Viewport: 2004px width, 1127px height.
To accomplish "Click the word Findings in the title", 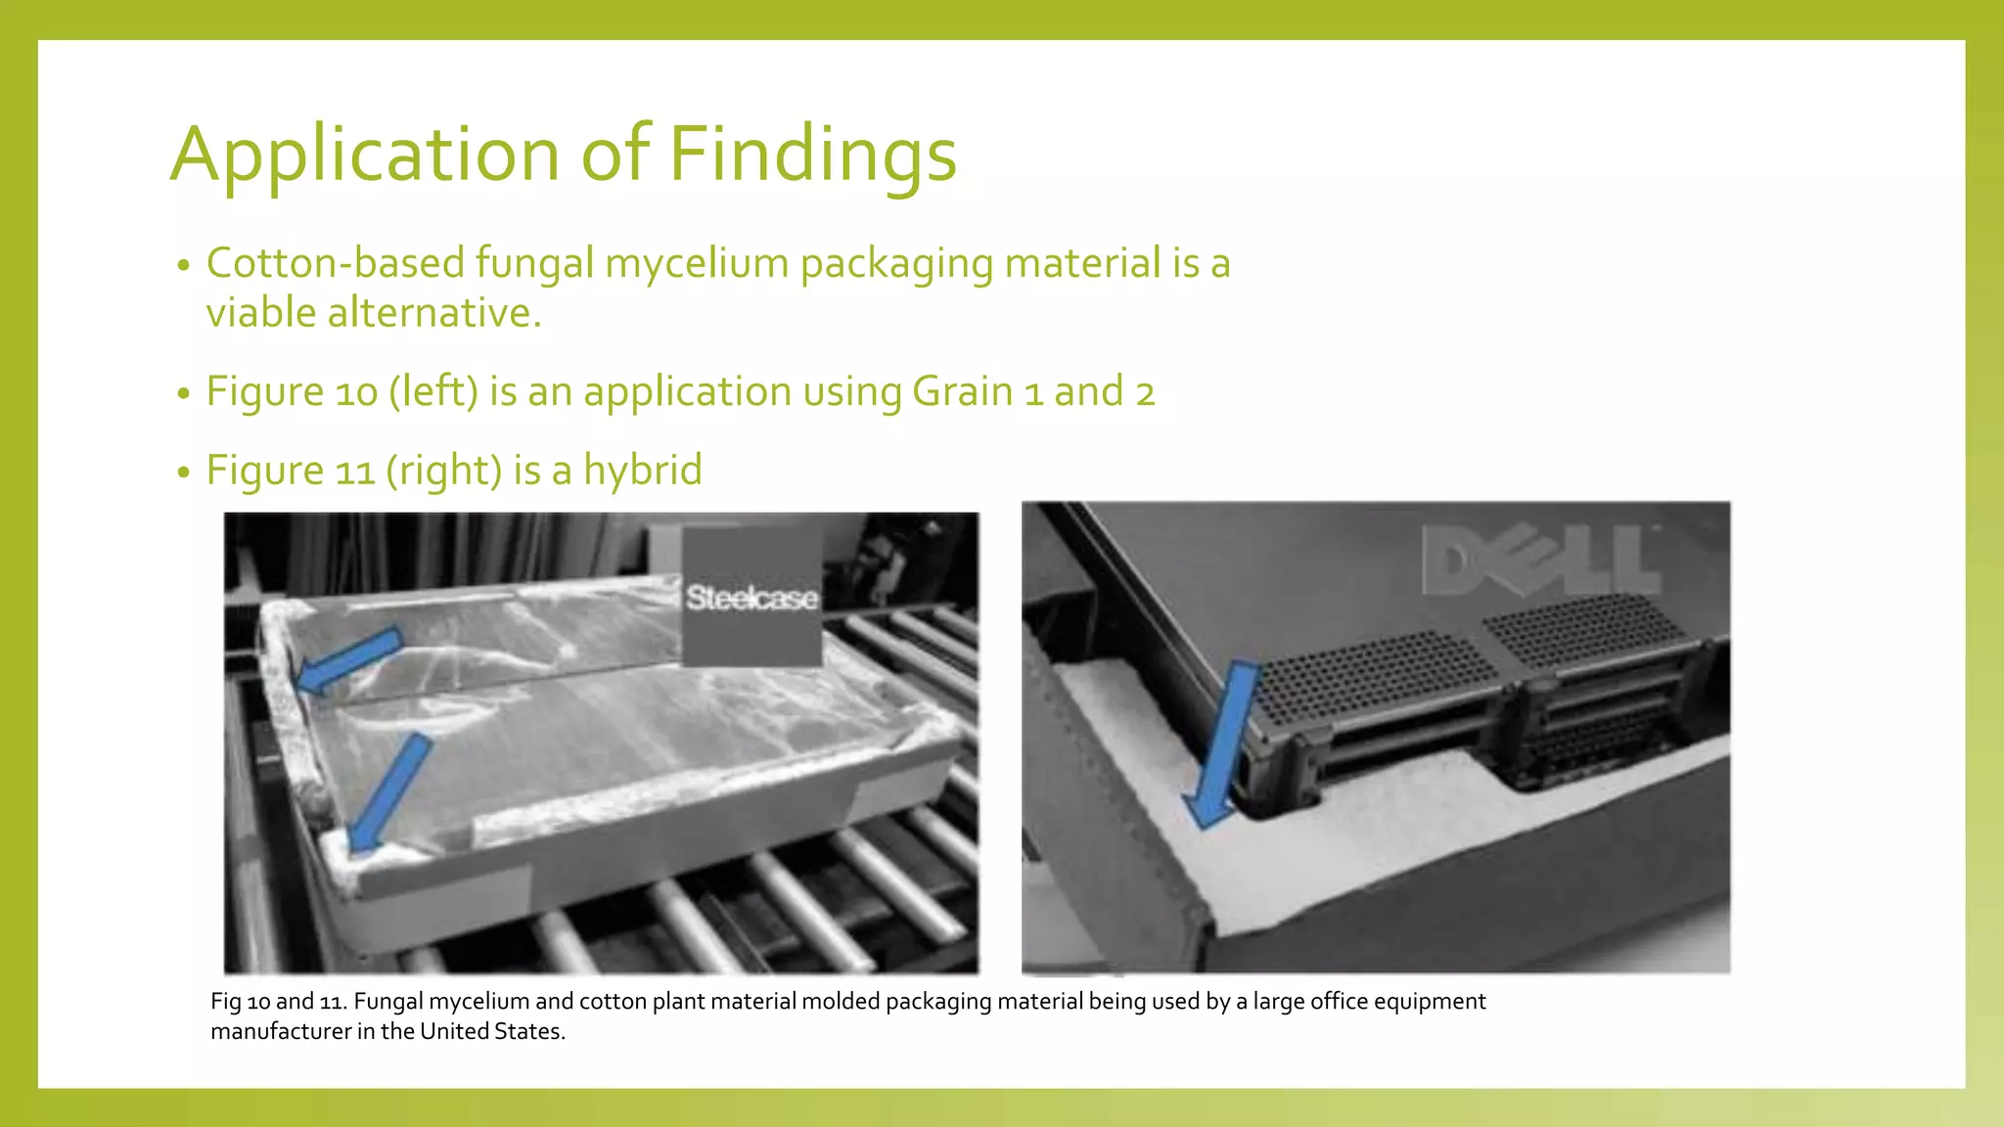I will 812,155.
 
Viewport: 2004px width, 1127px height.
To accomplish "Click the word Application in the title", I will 365,155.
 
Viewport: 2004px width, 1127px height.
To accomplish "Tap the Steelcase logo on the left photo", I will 751,598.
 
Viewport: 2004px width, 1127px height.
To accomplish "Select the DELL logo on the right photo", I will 1540,560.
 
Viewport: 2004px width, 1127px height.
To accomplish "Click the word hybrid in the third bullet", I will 643,471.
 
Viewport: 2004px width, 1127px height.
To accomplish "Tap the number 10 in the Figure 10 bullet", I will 356,392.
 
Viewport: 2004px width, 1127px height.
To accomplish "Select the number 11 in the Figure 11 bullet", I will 355,472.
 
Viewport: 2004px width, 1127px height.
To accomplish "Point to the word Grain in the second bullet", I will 963,392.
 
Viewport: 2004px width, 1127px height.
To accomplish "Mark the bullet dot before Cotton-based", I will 183,266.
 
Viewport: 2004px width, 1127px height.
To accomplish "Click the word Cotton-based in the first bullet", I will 336,264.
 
